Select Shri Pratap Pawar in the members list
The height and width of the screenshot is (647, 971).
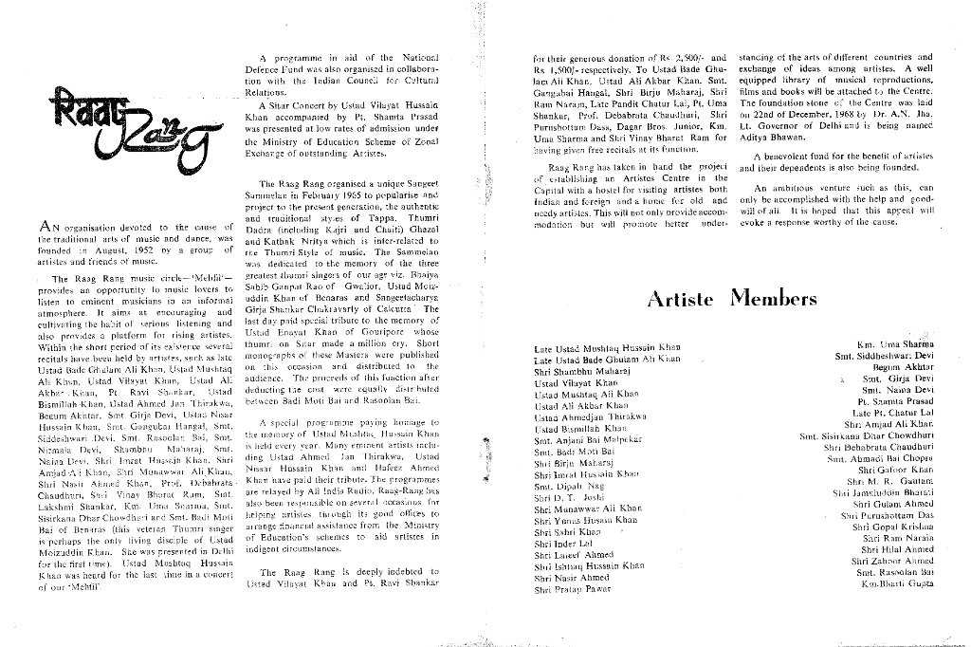coord(573,589)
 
